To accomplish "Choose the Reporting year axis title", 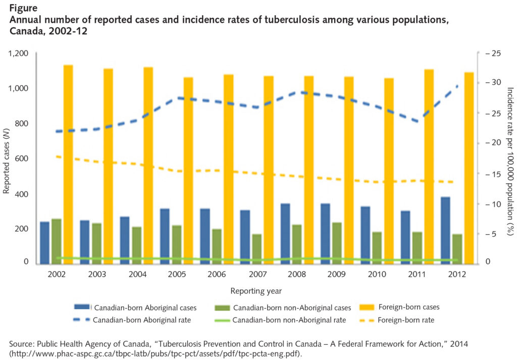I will pyautogui.click(x=256, y=291).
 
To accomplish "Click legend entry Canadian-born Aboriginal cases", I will pyautogui.click(x=145, y=307).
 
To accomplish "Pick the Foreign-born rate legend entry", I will pyautogui.click(x=405, y=320).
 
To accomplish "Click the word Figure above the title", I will pyautogui.click(x=23, y=9).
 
